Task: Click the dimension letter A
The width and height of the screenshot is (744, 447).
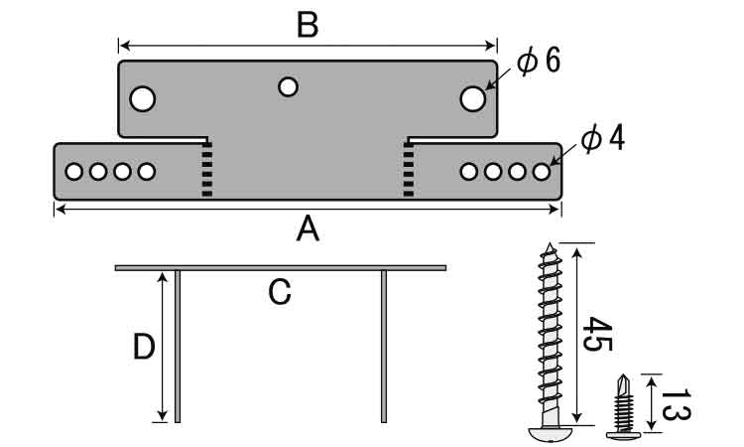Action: point(309,230)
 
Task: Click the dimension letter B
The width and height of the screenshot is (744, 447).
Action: point(308,25)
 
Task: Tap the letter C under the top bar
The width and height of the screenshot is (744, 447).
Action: point(280,292)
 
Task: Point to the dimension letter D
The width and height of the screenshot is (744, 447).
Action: point(145,348)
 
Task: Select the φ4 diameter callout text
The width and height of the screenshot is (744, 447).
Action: point(602,138)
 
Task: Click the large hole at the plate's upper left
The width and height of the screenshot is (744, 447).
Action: point(143,98)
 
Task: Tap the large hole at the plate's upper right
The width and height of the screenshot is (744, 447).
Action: point(472,98)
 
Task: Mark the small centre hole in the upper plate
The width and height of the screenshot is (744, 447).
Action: point(288,87)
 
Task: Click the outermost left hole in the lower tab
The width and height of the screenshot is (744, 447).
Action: point(74,172)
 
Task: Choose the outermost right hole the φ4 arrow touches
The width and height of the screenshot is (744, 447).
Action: point(541,172)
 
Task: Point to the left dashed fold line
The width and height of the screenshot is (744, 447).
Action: point(206,169)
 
